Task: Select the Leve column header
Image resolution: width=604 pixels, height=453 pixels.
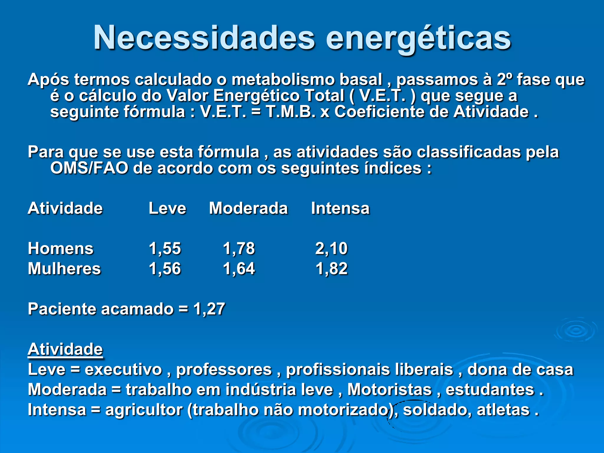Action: click(167, 208)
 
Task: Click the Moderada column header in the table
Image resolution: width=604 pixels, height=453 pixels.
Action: click(248, 208)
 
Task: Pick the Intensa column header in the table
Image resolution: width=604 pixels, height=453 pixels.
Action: click(340, 208)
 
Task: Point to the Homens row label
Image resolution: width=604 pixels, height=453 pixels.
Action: click(60, 248)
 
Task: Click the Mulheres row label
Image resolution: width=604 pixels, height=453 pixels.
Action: click(64, 269)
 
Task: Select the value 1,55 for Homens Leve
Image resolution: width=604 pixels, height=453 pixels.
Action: click(165, 248)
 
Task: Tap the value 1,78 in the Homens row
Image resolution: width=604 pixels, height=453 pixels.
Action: click(239, 248)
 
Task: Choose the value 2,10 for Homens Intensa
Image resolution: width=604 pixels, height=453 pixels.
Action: click(331, 248)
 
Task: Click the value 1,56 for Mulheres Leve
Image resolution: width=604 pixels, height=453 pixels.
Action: click(165, 269)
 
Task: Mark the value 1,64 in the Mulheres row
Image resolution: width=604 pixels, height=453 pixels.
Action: click(239, 269)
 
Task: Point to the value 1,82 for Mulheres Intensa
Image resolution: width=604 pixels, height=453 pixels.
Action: click(331, 269)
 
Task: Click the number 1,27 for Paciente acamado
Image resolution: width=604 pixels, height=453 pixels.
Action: click(209, 309)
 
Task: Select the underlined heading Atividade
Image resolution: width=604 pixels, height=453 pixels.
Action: click(65, 349)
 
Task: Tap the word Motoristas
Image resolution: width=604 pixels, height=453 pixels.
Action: click(389, 390)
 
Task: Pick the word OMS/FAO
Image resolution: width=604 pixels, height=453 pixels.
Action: click(89, 168)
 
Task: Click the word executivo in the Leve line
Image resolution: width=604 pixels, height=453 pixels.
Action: click(123, 370)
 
